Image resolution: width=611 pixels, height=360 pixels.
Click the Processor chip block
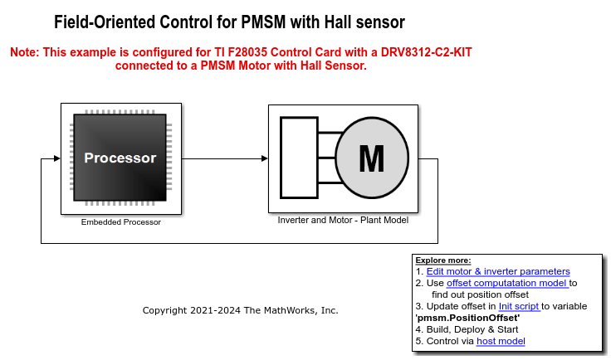click(x=120, y=158)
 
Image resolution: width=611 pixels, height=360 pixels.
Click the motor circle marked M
click(x=372, y=157)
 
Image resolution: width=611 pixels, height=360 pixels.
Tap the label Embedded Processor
click(x=121, y=222)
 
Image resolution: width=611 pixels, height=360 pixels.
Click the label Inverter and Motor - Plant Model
click(x=343, y=221)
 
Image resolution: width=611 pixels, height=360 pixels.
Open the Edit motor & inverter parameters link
click(x=498, y=271)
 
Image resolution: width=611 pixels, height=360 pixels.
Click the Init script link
click(x=519, y=306)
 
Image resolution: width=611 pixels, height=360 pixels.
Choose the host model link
click(x=501, y=341)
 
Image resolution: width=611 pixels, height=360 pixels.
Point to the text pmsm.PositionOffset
click(x=467, y=318)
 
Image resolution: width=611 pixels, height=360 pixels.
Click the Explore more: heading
click(x=443, y=260)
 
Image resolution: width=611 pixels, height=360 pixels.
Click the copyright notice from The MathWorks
click(x=240, y=310)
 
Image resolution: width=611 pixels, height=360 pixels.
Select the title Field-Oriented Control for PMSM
click(x=229, y=22)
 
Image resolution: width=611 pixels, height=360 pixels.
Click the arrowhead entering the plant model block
click(x=264, y=158)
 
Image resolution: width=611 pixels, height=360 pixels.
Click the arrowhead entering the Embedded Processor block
click(x=56, y=158)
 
